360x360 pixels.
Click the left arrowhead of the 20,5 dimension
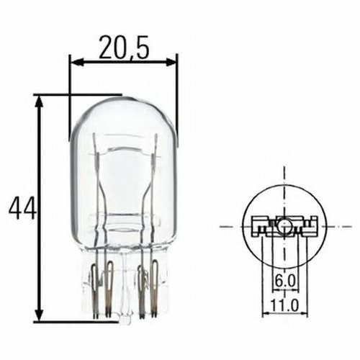pos(73,62)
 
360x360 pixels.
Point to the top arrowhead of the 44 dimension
pos(40,99)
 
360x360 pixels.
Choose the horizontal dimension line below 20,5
pos(122,62)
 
